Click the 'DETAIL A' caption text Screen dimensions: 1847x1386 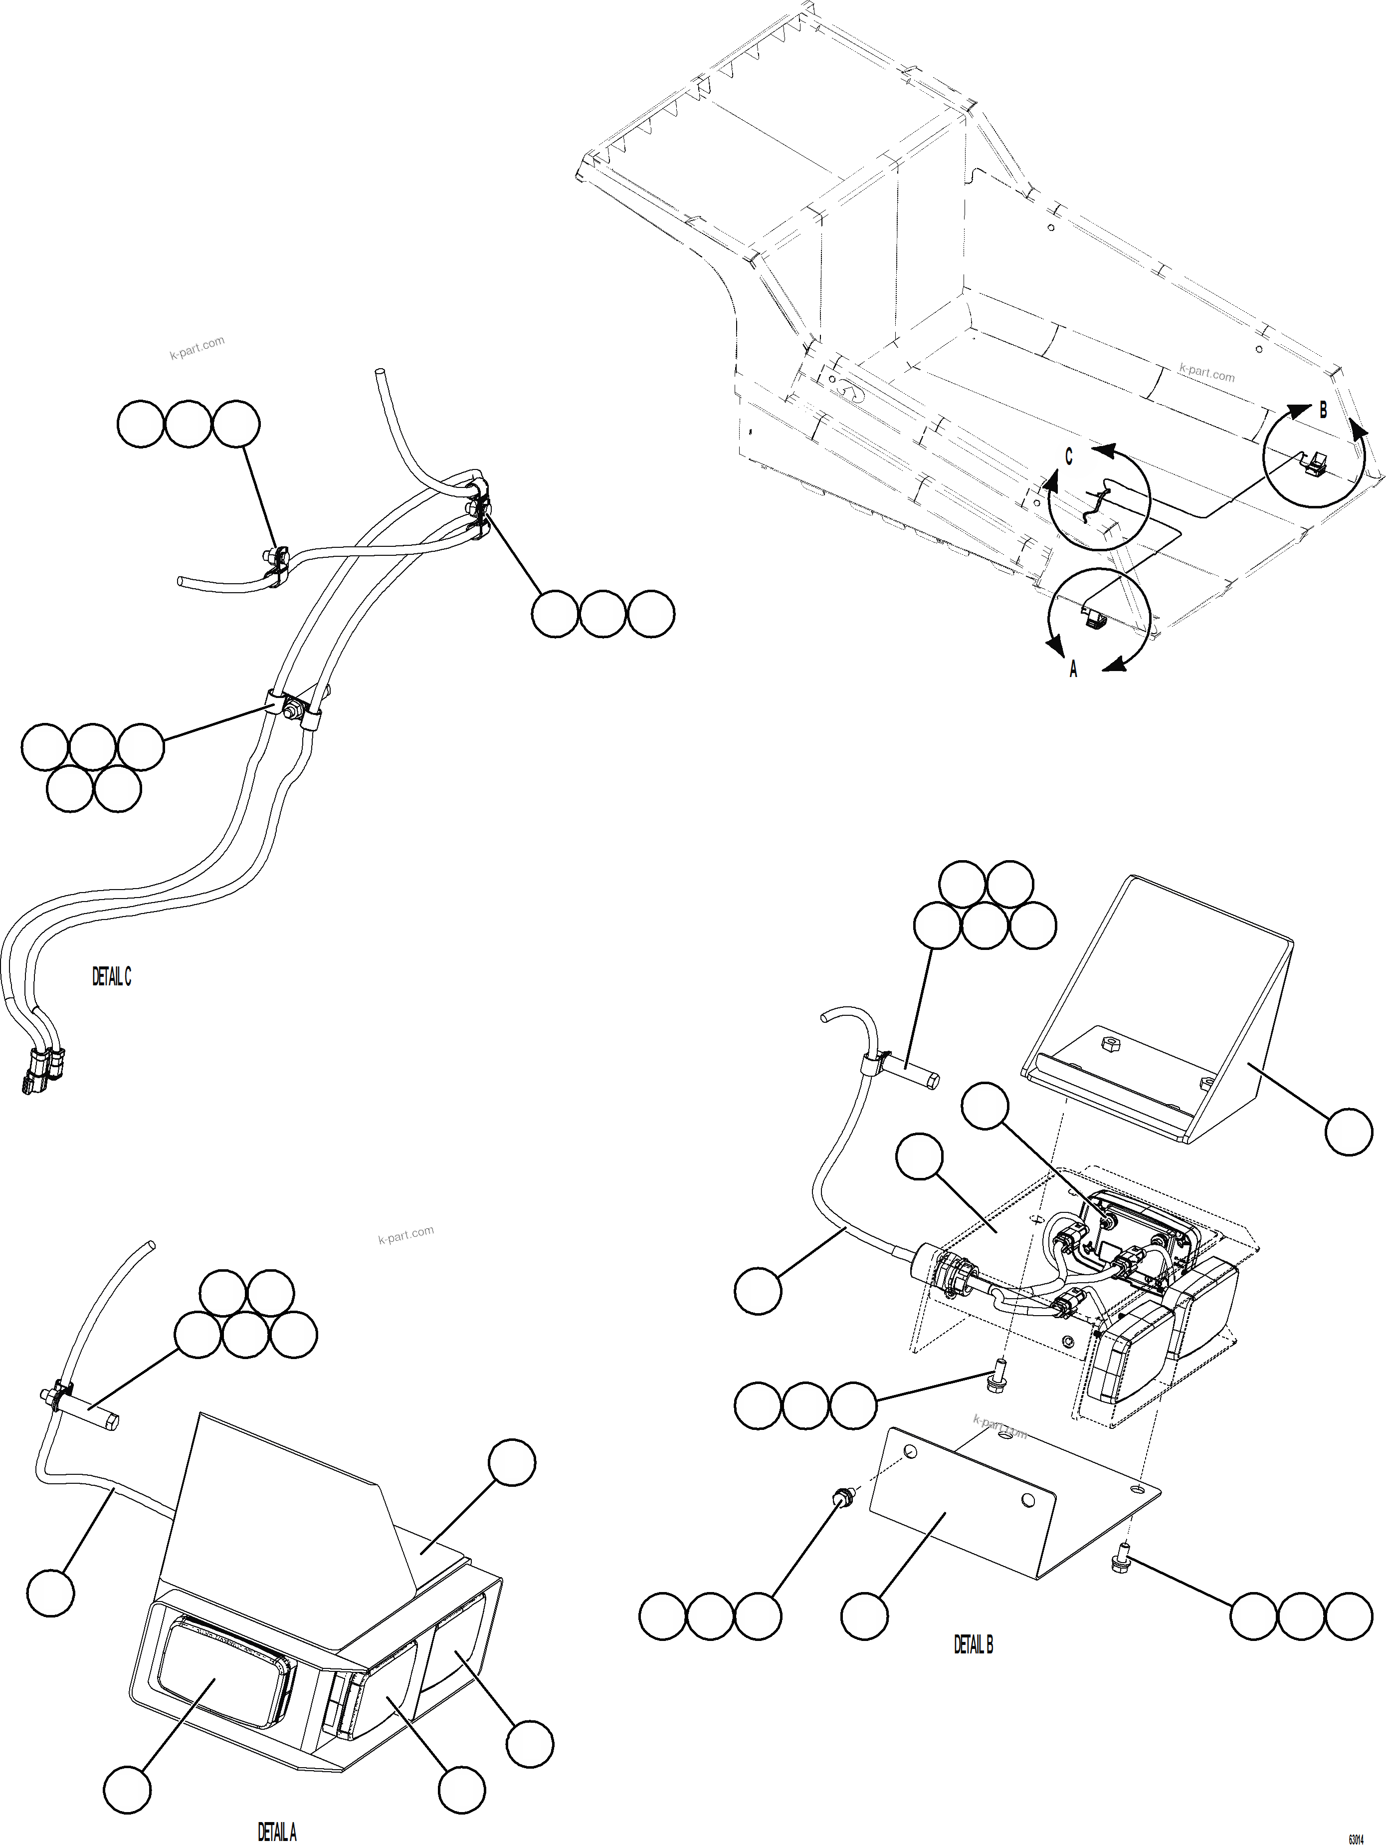pos(276,1833)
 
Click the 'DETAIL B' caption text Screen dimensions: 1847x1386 pos(974,1644)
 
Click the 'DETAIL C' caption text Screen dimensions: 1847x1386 pos(112,976)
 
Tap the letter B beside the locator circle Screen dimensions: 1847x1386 pos(1323,411)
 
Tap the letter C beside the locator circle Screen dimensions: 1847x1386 pos(1069,457)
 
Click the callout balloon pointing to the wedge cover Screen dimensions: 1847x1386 pos(1349,1132)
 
